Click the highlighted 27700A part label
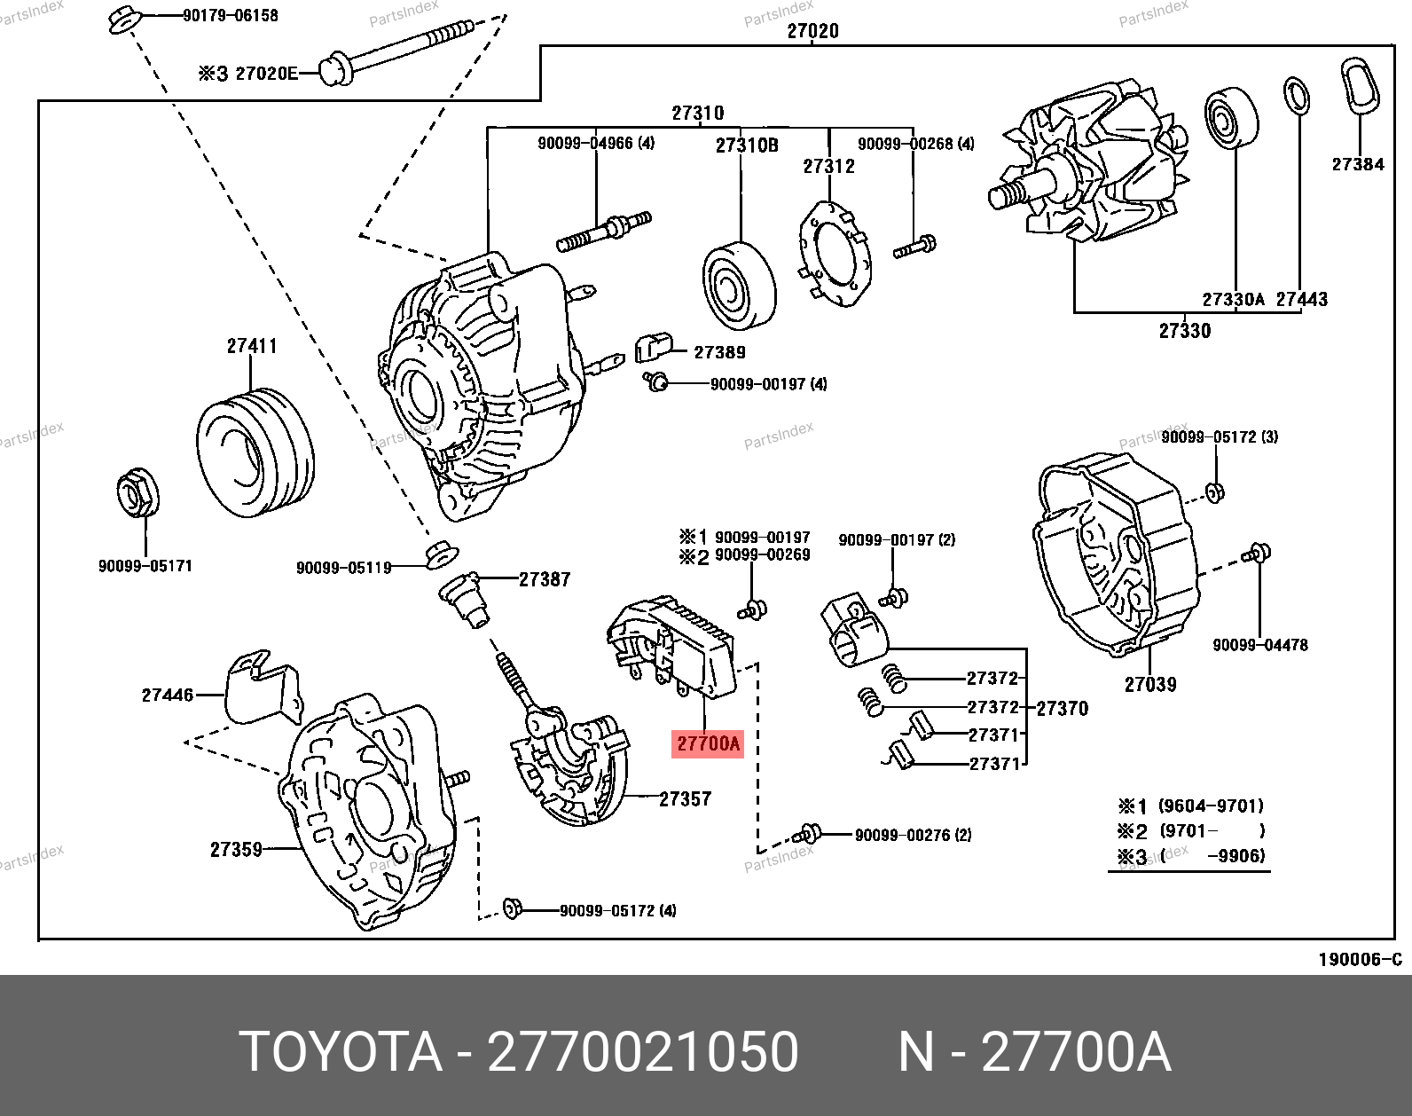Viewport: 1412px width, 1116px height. (x=708, y=743)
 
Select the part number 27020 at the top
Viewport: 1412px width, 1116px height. (x=812, y=31)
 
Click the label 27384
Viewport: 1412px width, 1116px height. (x=1357, y=164)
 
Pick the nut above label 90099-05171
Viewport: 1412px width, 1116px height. (x=137, y=494)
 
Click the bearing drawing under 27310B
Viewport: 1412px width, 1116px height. (x=739, y=284)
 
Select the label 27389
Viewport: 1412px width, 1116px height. (x=719, y=352)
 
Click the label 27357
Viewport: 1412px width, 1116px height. (x=685, y=799)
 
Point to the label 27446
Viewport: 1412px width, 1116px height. (x=168, y=695)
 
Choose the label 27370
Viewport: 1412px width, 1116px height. (x=1062, y=708)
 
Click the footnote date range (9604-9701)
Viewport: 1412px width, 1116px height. (x=1211, y=806)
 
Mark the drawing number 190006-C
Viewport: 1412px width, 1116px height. (x=1360, y=959)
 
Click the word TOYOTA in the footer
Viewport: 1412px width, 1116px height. (x=341, y=1052)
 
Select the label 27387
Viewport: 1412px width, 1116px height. (x=545, y=579)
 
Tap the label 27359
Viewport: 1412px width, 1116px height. (x=236, y=850)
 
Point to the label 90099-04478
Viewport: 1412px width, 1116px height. (x=1259, y=645)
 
